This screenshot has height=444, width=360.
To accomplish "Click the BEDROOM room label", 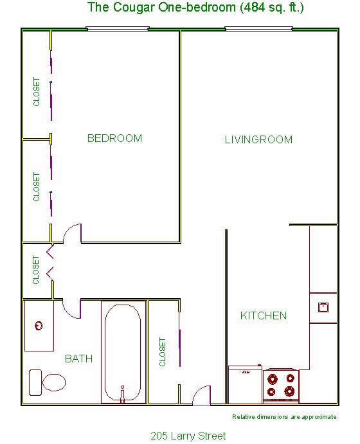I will (114, 138).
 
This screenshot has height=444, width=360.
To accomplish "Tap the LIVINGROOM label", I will (258, 139).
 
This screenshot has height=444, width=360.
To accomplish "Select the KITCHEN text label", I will (263, 315).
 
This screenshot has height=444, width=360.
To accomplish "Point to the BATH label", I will (78, 359).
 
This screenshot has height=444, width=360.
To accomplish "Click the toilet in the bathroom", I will (48, 382).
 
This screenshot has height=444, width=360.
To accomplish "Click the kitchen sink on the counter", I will (323, 306).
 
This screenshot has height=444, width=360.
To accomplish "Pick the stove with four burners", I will (281, 385).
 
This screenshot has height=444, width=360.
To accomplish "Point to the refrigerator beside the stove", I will (245, 384).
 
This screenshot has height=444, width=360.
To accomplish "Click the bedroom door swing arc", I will (73, 233).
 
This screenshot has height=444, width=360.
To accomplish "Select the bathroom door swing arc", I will (72, 308).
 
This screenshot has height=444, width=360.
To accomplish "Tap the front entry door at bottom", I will (202, 395).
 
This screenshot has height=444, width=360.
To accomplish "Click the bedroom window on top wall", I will (117, 29).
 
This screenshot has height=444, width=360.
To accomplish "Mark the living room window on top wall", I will (258, 29).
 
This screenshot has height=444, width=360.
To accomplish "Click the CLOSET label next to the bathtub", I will (162, 353).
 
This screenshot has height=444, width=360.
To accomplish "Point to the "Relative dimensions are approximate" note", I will (283, 417).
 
